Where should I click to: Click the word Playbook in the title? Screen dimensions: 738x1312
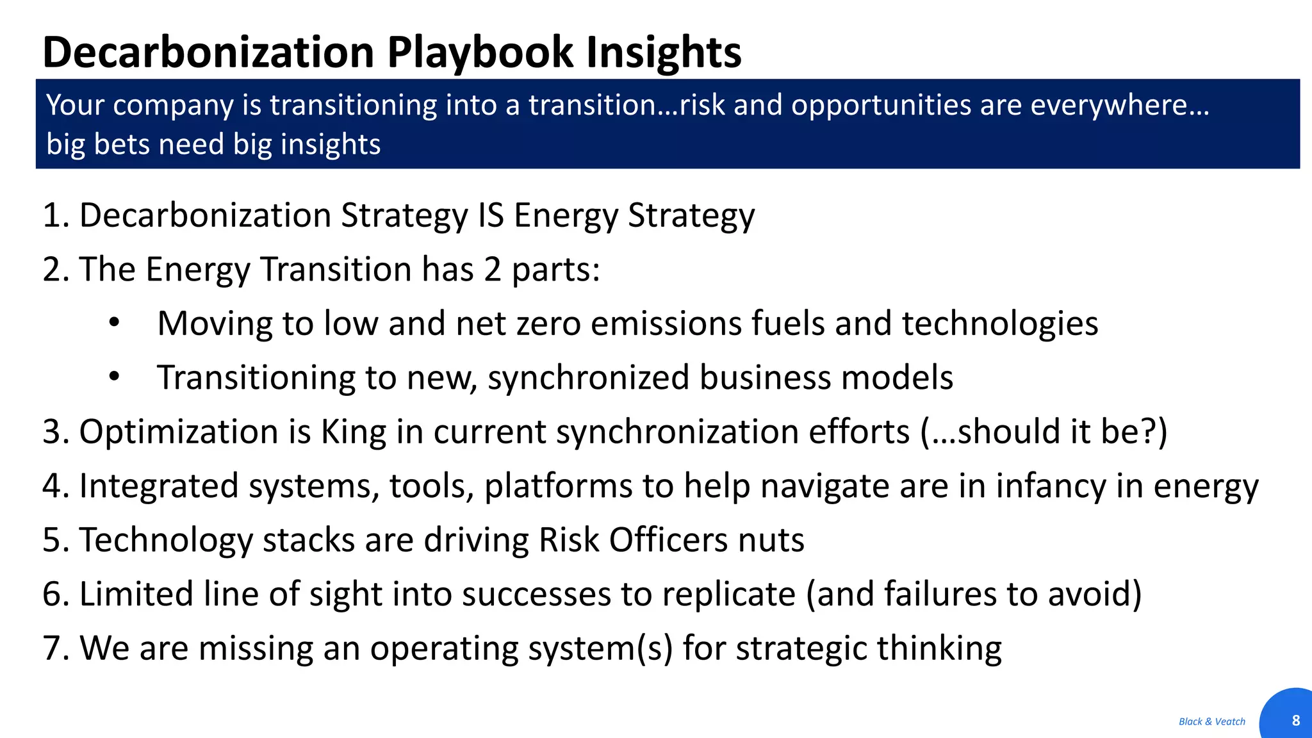point(480,53)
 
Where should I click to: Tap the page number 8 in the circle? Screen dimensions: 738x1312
point(1295,720)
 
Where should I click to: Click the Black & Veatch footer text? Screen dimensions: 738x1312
point(1211,721)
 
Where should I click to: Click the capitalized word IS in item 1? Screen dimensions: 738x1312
point(491,215)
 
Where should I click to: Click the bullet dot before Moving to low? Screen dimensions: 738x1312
point(114,323)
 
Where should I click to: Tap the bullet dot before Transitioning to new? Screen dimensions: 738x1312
point(114,377)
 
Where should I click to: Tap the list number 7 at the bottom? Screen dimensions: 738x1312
point(53,648)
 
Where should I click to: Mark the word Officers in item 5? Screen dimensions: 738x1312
point(668,540)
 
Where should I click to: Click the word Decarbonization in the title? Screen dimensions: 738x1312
point(208,53)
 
